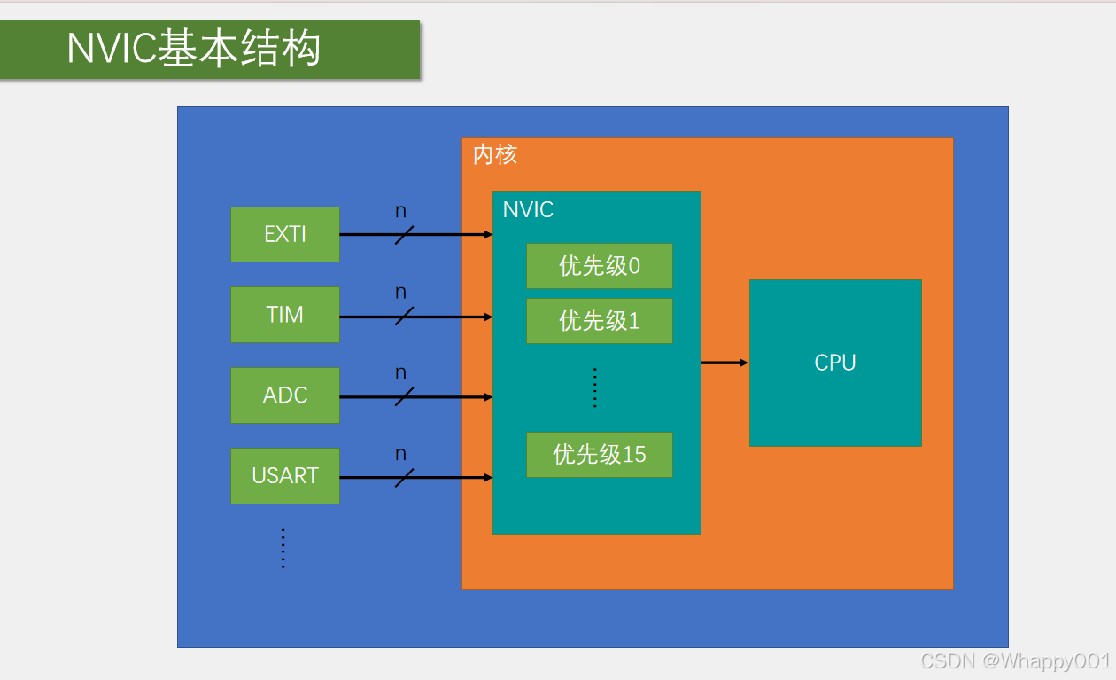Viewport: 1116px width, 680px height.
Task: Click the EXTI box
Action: [x=285, y=234]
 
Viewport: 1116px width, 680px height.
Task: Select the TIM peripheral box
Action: [x=285, y=315]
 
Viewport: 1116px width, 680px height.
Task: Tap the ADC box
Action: [x=285, y=395]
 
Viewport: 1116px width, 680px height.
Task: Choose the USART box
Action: [x=285, y=475]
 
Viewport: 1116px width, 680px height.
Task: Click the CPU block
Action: [x=835, y=363]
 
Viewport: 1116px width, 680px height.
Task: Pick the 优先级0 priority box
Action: [x=600, y=266]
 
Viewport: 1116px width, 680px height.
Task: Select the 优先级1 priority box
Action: [x=600, y=321]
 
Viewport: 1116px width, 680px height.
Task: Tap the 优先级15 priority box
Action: [x=600, y=455]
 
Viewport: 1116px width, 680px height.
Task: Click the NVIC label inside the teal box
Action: [x=528, y=210]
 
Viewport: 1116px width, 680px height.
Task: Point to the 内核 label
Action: [x=495, y=154]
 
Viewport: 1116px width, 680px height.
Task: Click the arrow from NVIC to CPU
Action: [x=725, y=363]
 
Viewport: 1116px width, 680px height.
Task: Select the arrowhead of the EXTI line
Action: [x=488, y=234]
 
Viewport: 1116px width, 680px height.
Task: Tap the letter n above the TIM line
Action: [x=400, y=293]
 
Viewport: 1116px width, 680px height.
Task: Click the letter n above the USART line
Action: [x=400, y=454]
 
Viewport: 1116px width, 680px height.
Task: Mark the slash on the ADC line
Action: [x=404, y=397]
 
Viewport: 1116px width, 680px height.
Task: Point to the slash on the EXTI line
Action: [x=404, y=235]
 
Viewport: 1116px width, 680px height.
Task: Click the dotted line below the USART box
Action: [x=283, y=549]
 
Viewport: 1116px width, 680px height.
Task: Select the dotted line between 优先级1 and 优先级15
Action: [x=595, y=387]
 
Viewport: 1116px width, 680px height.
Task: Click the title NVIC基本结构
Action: [x=194, y=49]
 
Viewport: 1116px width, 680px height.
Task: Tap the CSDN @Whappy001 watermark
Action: [x=1016, y=661]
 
